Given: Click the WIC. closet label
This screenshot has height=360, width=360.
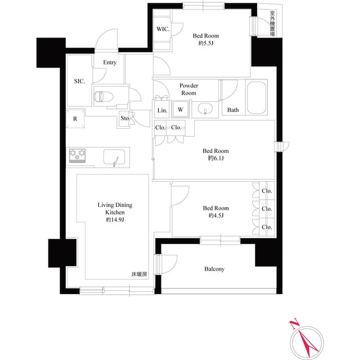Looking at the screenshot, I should click(x=163, y=29).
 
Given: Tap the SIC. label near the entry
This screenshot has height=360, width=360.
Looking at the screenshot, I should click(x=79, y=82).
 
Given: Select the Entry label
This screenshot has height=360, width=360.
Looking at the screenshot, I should click(x=110, y=62).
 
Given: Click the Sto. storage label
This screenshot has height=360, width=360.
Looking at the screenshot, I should click(x=125, y=118).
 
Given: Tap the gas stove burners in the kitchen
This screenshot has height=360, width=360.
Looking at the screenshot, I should click(x=78, y=154).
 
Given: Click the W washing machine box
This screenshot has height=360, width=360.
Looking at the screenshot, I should click(x=180, y=110).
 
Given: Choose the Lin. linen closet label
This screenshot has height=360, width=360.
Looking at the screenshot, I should click(x=161, y=110).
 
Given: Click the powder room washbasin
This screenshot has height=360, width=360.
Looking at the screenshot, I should click(x=205, y=109).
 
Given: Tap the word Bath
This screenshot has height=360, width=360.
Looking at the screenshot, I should click(x=233, y=110).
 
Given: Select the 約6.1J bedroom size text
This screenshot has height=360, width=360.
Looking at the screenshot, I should click(x=215, y=159).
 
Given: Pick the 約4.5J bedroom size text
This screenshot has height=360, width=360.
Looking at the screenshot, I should click(x=215, y=216).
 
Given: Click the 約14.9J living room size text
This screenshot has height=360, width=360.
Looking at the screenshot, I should click(x=115, y=220).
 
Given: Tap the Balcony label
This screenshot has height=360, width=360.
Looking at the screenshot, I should click(x=214, y=269).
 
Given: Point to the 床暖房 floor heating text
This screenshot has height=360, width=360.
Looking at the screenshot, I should click(x=139, y=274).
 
